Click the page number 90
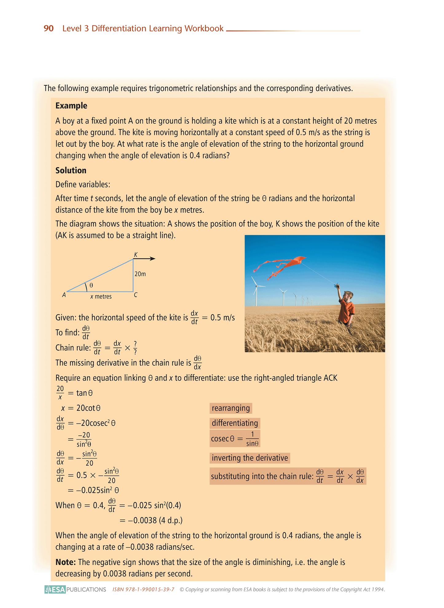pyautogui.click(x=49, y=28)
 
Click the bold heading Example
pyautogui.click(x=71, y=106)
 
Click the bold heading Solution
pyautogui.click(x=71, y=171)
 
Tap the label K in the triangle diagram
pyautogui.click(x=136, y=255)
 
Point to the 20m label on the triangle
pyautogui.click(x=140, y=274)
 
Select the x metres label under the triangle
pyautogui.click(x=101, y=296)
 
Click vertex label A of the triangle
pyautogui.click(x=64, y=295)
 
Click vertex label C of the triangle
pyautogui.click(x=136, y=295)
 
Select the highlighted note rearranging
pyautogui.click(x=231, y=408)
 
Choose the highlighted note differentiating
pyautogui.click(x=235, y=423)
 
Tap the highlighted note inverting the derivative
pyautogui.click(x=250, y=458)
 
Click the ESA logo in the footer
pyautogui.click(x=55, y=589)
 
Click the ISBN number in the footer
pyautogui.click(x=143, y=589)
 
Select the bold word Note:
pyautogui.click(x=65, y=562)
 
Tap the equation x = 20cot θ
pyautogui.click(x=81, y=408)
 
